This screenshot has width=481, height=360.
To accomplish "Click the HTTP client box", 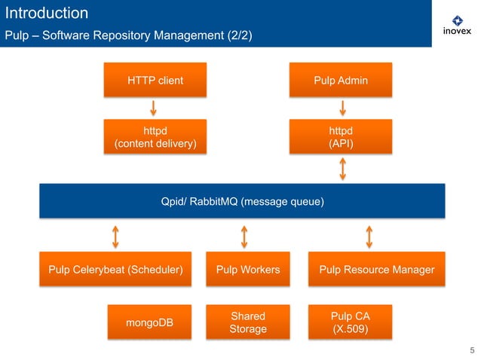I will tap(155, 81).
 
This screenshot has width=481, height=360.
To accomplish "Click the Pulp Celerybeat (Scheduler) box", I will tap(115, 270).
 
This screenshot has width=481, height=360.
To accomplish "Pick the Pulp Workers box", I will tap(247, 270).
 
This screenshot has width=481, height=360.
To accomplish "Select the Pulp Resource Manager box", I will tap(376, 270).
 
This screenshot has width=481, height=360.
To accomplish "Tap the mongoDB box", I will tap(149, 323).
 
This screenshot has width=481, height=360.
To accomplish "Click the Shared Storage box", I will tap(247, 323).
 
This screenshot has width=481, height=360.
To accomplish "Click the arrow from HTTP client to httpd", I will tap(154, 108).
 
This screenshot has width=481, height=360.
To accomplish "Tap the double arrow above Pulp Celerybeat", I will tap(115, 236).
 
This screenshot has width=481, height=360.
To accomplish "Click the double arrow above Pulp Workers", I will tap(244, 236).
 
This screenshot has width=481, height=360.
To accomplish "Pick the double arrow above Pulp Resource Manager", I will tap(369, 236).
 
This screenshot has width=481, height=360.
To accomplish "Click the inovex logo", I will tap(456, 25).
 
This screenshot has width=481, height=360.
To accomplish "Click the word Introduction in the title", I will tap(47, 13).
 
